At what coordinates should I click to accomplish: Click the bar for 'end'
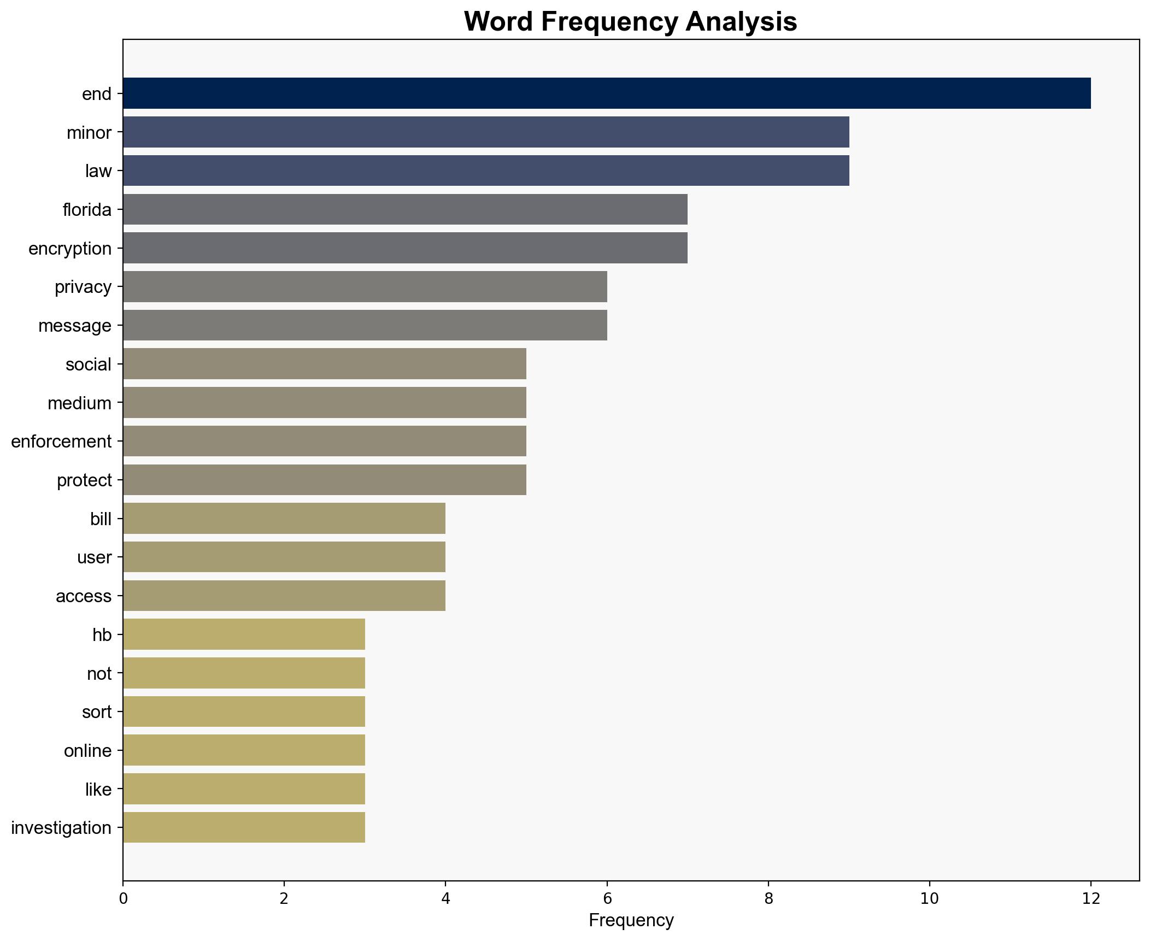coord(607,93)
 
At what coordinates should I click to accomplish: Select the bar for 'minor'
coord(486,132)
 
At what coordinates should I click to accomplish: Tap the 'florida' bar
coord(405,209)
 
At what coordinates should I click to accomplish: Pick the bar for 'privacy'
coord(365,287)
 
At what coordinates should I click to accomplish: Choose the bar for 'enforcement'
coord(325,441)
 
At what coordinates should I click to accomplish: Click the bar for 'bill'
coord(284,519)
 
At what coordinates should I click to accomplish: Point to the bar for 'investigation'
coord(244,827)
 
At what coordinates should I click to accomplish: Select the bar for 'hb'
coord(244,634)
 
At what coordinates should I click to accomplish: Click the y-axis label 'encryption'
coord(70,249)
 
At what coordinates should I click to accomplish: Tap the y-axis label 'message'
coord(75,326)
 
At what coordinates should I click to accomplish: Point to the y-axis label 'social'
coord(89,364)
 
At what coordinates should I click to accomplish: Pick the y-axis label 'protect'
coord(84,480)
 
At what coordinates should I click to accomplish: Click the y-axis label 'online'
coord(87,751)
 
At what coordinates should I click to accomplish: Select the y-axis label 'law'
coord(98,171)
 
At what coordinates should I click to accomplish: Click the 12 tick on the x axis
coord(1091,899)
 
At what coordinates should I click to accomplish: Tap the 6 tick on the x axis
coord(607,899)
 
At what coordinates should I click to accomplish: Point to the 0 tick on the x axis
coord(123,899)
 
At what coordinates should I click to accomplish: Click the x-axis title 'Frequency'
coord(631,921)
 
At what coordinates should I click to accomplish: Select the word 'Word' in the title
coord(499,22)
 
